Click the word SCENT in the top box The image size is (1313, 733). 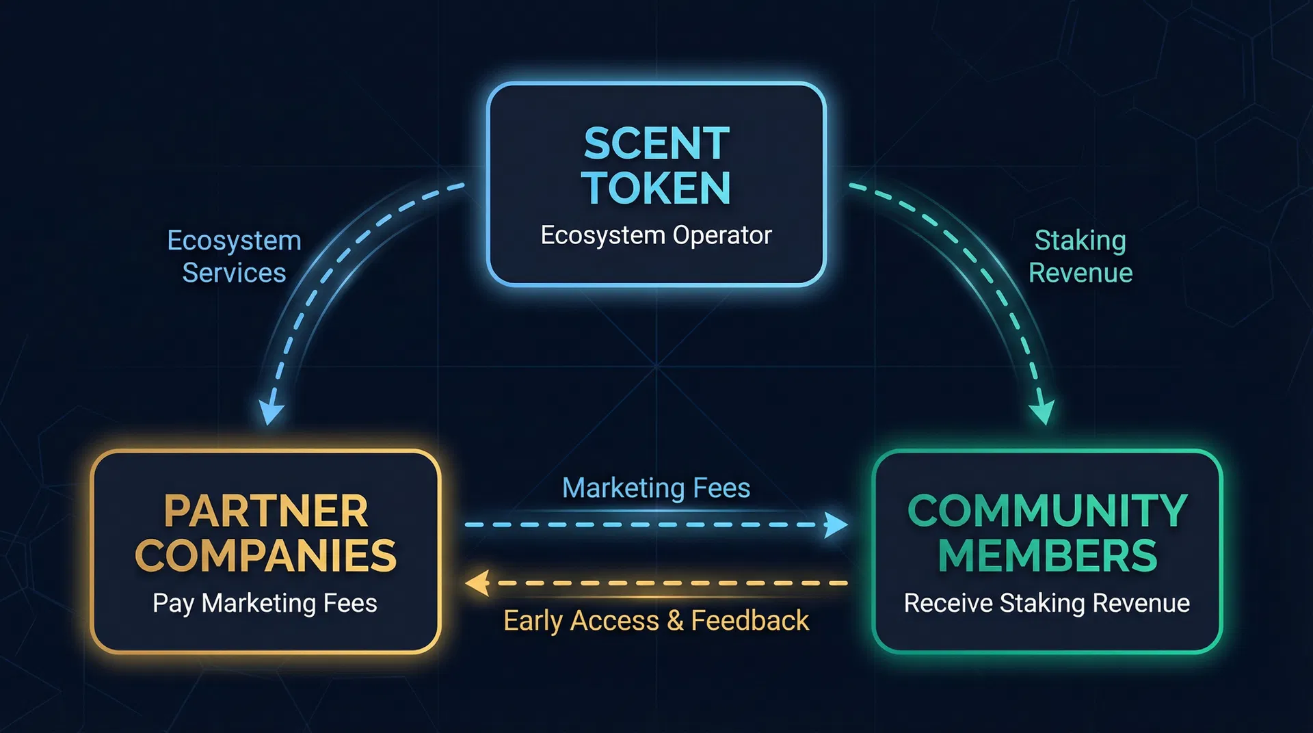656,144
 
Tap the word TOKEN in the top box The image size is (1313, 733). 656,188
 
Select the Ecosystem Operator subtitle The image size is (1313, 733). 656,235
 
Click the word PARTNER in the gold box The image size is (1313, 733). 266,511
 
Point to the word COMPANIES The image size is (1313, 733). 266,555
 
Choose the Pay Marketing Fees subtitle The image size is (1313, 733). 265,603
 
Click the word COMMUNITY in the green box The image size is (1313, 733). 1047,511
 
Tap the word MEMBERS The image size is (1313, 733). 1047,555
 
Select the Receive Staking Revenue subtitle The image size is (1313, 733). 1047,603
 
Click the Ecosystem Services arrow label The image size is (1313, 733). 235,256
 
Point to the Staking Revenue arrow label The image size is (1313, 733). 1080,256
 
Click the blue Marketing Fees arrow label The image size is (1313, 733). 656,488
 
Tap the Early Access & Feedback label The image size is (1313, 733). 656,621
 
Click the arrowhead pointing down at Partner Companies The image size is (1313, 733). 271,412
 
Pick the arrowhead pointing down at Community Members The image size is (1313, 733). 1043,412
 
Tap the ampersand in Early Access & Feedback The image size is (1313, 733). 675,621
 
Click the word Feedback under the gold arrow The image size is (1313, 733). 750,621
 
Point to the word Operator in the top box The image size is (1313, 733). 722,235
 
